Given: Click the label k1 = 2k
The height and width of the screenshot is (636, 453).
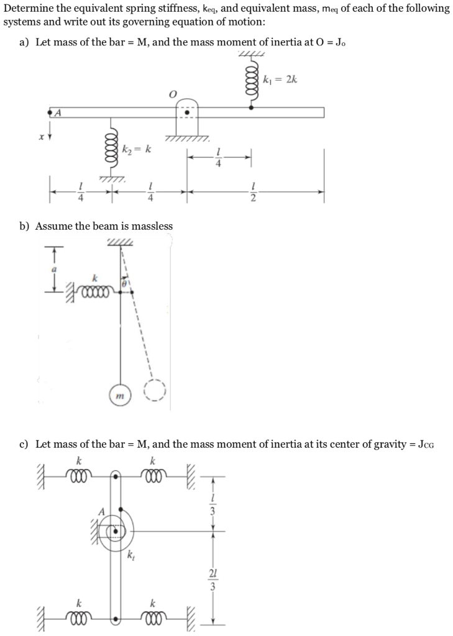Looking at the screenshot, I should pos(280,80).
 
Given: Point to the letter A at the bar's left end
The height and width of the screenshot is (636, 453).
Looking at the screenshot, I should pos(60,112).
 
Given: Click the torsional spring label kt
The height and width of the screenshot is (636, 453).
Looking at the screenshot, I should pos(130,555).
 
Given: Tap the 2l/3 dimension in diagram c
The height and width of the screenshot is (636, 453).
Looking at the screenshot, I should pos(213,577).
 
